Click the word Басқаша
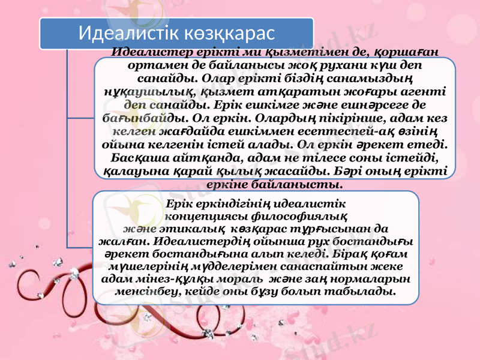point(136,157)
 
